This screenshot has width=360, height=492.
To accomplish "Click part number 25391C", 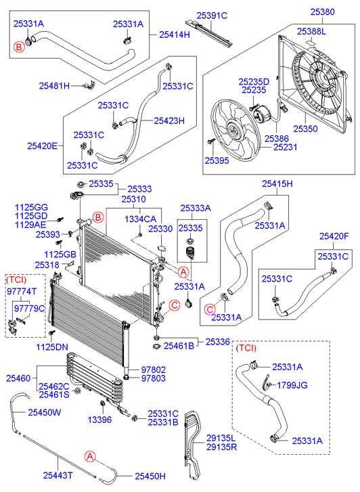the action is (x=212, y=16).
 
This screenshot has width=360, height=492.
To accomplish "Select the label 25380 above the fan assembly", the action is (x=322, y=12).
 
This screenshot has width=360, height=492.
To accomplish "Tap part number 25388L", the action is (x=311, y=31).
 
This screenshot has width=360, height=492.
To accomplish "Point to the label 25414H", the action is (x=175, y=35).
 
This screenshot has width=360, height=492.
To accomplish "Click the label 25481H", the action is (x=54, y=86).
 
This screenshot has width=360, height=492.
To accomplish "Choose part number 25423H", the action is (x=169, y=120).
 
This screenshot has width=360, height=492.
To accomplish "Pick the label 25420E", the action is (x=43, y=146).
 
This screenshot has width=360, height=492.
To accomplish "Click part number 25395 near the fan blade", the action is (x=217, y=160).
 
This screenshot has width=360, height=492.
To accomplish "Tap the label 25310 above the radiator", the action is (x=134, y=199).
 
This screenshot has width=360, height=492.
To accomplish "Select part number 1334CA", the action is (x=140, y=219).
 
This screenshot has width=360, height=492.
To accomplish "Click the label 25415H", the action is (x=277, y=183).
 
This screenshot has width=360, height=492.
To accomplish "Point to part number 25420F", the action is (x=334, y=236).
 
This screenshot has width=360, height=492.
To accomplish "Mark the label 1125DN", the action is (x=52, y=346).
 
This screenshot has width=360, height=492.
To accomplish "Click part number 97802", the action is (x=154, y=370).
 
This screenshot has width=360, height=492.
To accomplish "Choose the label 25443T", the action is (x=58, y=475).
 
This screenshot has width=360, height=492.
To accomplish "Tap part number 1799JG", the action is (x=292, y=385).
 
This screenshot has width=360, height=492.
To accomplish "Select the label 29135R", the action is (x=221, y=447).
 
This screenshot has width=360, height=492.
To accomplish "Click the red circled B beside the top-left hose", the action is (x=19, y=47).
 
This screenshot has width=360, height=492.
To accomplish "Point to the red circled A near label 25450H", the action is (x=91, y=456).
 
